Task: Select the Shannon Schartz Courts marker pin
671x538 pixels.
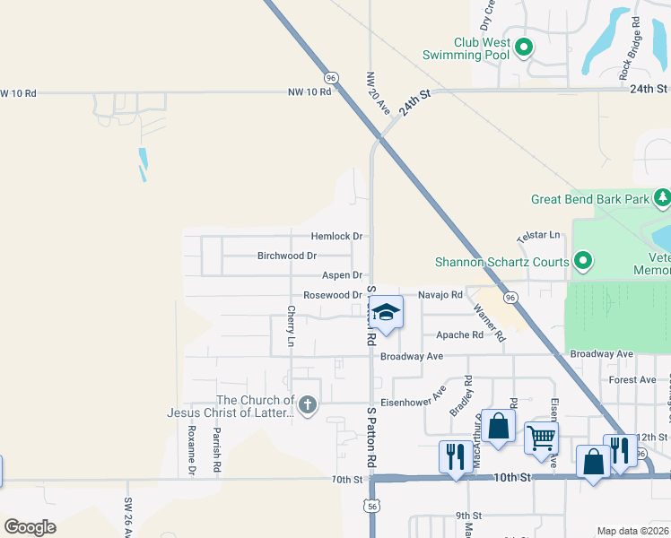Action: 583,262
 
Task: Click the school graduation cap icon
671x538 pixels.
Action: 386,312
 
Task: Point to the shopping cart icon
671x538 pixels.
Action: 541,438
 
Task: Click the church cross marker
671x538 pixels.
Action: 308,405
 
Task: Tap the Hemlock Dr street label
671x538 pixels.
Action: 336,237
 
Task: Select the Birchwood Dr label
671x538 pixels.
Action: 287,256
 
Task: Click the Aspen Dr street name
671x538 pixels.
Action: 342,275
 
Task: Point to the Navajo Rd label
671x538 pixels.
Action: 440,294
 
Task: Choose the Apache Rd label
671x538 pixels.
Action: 459,335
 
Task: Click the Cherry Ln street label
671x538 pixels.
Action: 291,326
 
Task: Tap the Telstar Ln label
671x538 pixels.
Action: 538,236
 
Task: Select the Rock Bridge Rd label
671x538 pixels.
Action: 634,48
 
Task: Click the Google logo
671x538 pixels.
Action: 30,527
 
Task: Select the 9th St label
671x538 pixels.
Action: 468,516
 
